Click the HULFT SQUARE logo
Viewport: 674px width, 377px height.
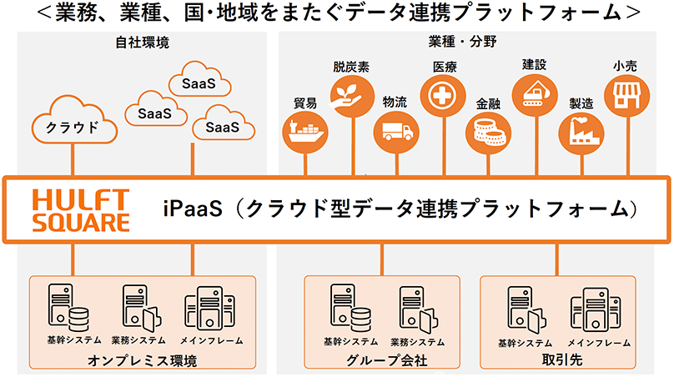click(x=81, y=210)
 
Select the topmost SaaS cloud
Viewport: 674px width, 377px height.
click(x=199, y=79)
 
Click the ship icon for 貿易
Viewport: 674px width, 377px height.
click(x=305, y=132)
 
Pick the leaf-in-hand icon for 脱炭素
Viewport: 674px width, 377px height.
click(x=352, y=96)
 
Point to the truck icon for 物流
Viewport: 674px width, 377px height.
click(x=396, y=132)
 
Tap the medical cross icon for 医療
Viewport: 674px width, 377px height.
click(x=443, y=95)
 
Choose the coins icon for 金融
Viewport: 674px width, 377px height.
click(x=488, y=133)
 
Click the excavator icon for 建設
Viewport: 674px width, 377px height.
click(x=535, y=95)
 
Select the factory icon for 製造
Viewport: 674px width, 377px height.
click(x=581, y=133)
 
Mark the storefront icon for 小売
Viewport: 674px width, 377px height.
click(x=626, y=95)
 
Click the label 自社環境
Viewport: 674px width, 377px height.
click(x=143, y=43)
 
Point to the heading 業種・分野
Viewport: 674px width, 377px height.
click(x=462, y=42)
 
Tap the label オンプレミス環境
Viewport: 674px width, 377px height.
click(x=143, y=360)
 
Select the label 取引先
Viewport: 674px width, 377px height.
click(x=562, y=359)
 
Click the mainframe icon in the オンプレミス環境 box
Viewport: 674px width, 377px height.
click(x=210, y=309)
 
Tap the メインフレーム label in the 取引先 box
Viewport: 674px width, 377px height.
click(x=599, y=343)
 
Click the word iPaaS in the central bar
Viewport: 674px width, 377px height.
click(x=193, y=209)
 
